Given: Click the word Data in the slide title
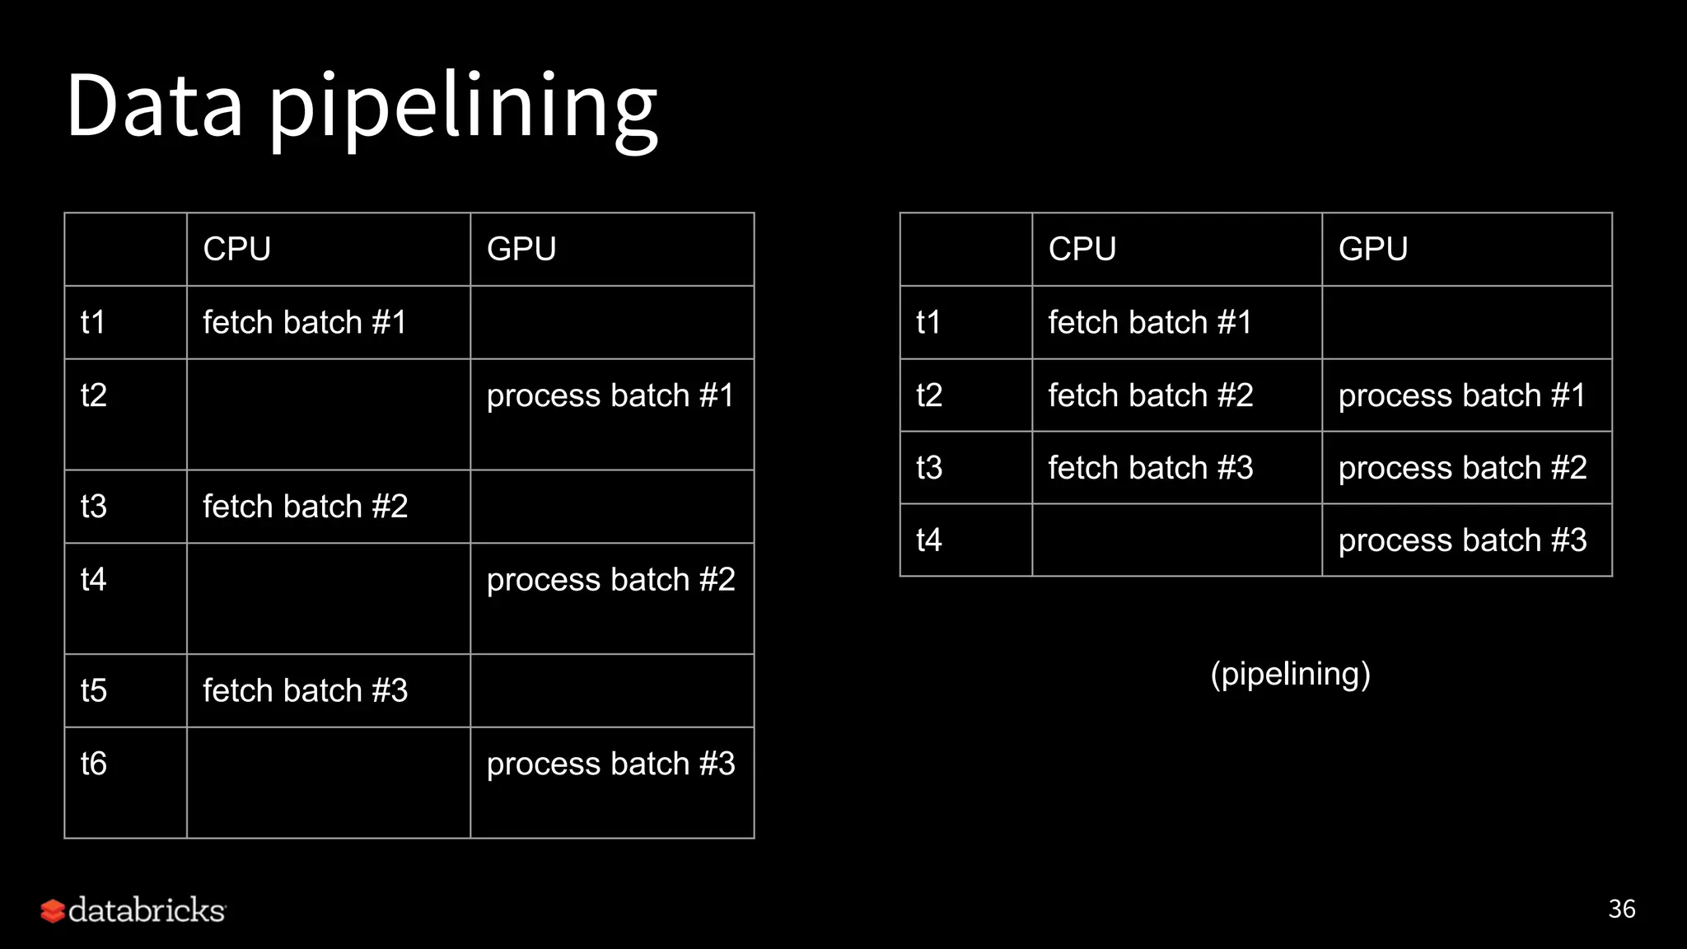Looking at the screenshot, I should click(154, 105).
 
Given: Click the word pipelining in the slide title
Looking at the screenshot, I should click(463, 109).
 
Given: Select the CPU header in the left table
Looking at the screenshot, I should click(237, 249).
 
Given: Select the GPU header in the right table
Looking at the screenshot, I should click(1373, 249).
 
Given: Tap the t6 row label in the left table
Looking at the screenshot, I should click(94, 764).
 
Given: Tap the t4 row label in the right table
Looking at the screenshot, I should click(929, 540).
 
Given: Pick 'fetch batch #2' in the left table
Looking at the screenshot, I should click(306, 507).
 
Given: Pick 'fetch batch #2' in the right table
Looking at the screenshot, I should click(1151, 395).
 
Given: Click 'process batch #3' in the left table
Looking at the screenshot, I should click(610, 764).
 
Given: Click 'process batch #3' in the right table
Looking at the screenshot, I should click(1462, 540).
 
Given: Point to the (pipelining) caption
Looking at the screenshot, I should click(1291, 674).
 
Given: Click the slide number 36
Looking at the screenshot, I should click(1622, 909).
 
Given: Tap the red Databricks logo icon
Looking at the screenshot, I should click(53, 911).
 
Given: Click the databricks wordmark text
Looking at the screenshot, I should click(147, 910).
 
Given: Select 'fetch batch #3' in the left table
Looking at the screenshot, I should click(306, 690).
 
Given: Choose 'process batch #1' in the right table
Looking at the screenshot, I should click(1462, 395).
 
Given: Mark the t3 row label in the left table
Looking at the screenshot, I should click(94, 507).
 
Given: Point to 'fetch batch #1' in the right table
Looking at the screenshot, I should click(1150, 322).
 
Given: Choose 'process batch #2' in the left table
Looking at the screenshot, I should click(610, 580).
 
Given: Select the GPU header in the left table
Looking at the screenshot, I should click(521, 249).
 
